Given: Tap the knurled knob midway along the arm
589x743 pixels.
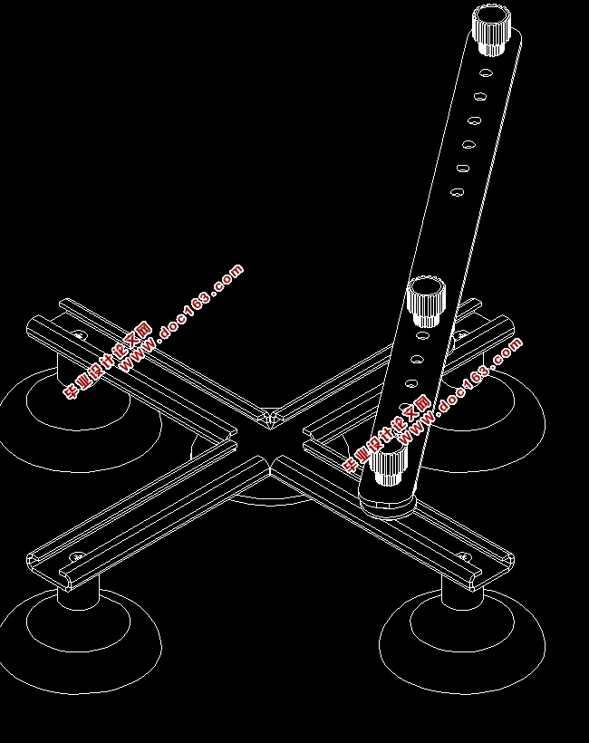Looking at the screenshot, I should (x=426, y=301).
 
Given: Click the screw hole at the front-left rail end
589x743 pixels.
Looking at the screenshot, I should (x=78, y=555).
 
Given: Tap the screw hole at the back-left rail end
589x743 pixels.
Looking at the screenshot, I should (x=79, y=335).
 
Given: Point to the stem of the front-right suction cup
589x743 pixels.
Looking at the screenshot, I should (x=461, y=593).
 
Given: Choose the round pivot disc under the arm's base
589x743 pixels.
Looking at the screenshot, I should (x=387, y=500).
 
